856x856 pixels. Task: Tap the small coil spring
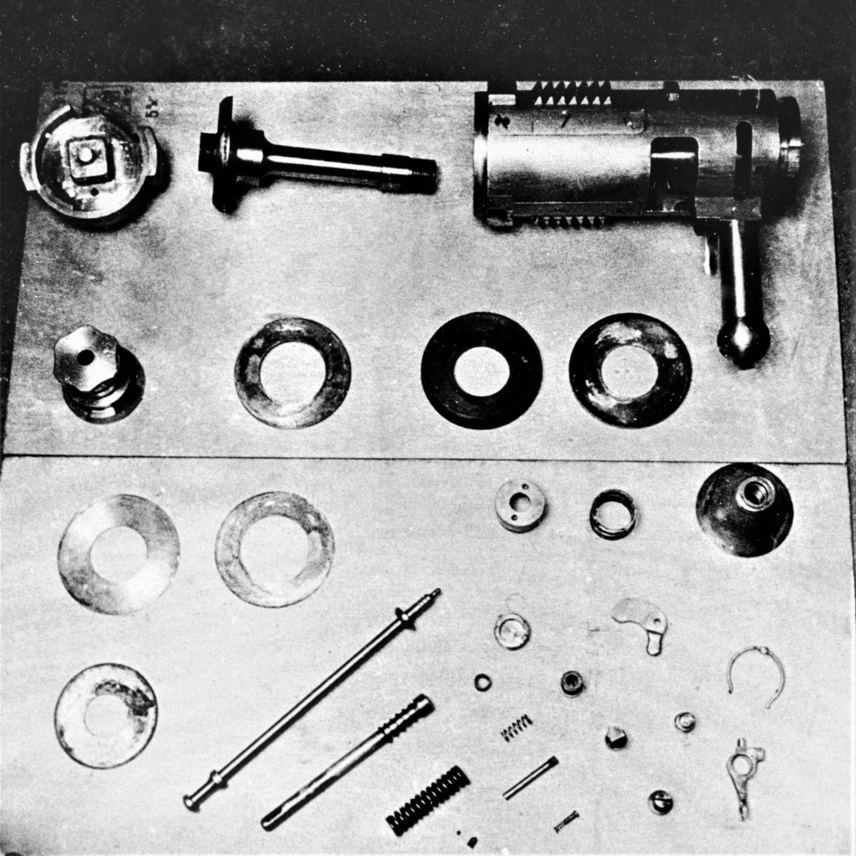517,728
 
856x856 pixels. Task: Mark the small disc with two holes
520,505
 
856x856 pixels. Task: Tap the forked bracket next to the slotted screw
743,767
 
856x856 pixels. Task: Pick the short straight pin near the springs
530,777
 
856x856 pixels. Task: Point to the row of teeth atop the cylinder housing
566,94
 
